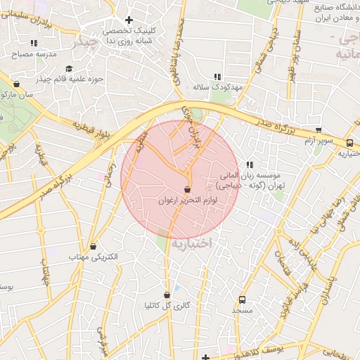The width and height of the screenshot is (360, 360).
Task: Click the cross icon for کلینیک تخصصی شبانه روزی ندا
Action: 128,20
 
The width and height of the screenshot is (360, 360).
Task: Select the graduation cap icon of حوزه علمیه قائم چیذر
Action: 69,68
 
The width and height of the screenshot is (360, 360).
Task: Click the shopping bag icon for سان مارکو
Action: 15,84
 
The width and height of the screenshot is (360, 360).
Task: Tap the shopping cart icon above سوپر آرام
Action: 319,130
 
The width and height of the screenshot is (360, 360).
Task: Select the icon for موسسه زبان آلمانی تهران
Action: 250,165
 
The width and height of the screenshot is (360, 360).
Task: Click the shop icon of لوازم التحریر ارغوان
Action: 186,189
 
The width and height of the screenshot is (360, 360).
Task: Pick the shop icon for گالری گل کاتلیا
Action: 167,295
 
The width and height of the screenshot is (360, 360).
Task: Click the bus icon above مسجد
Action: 243,299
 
